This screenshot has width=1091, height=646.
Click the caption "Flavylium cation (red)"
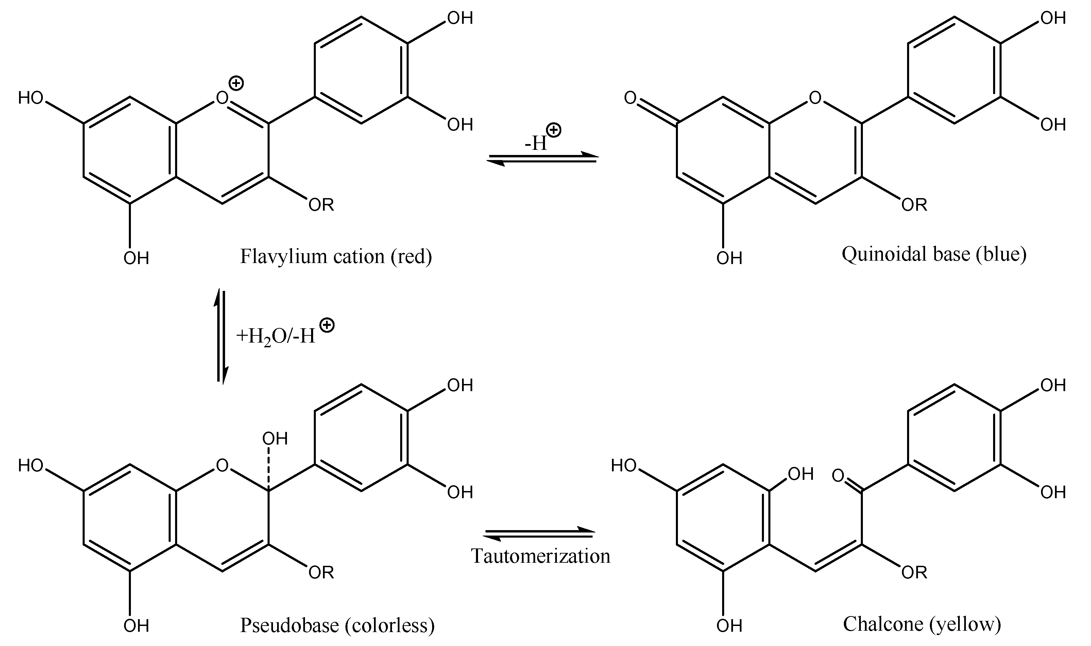(336, 257)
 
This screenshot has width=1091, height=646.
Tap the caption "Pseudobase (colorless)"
(337, 625)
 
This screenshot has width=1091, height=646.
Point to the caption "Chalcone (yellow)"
(922, 624)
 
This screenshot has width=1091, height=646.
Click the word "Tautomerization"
(541, 556)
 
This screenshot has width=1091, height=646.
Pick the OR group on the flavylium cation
(321, 205)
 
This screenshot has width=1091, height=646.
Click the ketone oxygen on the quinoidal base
(630, 98)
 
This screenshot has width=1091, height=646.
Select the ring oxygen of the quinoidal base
(815, 98)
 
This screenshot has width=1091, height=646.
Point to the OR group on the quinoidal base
(914, 205)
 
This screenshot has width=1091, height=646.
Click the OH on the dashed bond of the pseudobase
(275, 438)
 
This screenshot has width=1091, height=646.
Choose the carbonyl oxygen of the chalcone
(838, 475)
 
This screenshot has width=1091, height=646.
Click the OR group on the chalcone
(914, 573)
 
